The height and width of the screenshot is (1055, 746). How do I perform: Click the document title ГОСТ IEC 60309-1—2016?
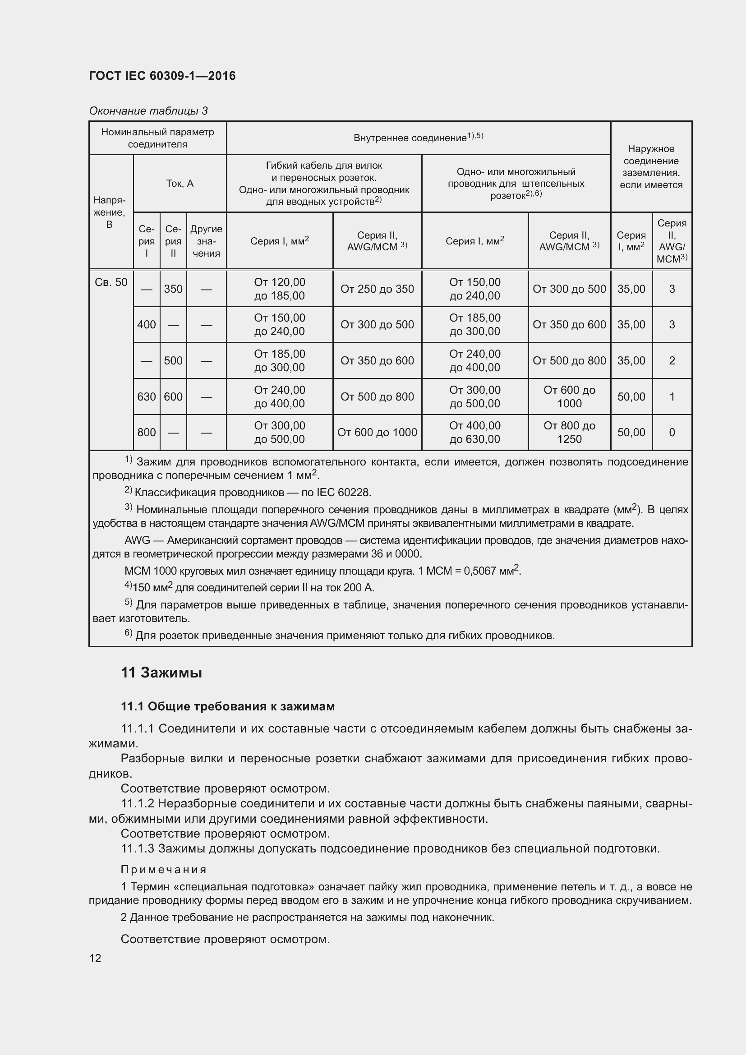[x=162, y=76]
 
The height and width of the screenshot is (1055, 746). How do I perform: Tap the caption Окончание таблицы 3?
[x=148, y=111]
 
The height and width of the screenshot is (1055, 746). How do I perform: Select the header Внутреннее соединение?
[x=418, y=138]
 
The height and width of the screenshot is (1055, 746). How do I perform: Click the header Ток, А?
[x=180, y=183]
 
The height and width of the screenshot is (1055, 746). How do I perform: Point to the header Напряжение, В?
[x=109, y=212]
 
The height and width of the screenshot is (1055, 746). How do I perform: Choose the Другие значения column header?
[x=206, y=241]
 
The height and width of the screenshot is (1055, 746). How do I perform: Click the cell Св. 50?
[x=111, y=282]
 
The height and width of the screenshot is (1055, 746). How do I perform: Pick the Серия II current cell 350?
[x=173, y=289]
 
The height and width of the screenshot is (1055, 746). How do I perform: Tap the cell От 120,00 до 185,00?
[x=279, y=289]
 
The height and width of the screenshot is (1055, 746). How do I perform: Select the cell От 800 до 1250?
[x=569, y=433]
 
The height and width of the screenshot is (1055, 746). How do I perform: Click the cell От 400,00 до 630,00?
[x=474, y=433]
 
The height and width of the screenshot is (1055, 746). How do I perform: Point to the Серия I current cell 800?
[x=147, y=433]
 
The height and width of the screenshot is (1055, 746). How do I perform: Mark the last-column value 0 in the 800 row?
[x=672, y=433]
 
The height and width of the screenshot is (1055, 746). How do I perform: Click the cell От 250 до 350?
[x=377, y=289]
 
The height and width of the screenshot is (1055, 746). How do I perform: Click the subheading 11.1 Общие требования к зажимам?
[x=227, y=707]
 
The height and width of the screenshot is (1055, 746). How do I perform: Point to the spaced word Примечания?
[x=164, y=869]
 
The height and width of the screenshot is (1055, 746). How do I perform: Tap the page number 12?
[x=95, y=958]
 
